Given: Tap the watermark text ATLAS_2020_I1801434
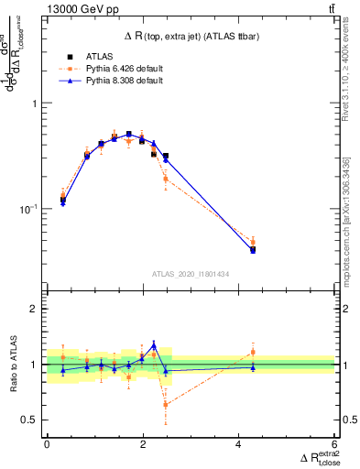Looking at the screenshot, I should coord(191,273).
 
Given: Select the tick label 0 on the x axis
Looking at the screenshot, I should coord(47,445).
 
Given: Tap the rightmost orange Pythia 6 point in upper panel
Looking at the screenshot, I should coord(253,243).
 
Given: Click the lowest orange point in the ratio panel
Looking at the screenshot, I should coord(166,404).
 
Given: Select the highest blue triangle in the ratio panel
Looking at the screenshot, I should coord(154,344).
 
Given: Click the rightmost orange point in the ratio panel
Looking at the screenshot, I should coord(253,352).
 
